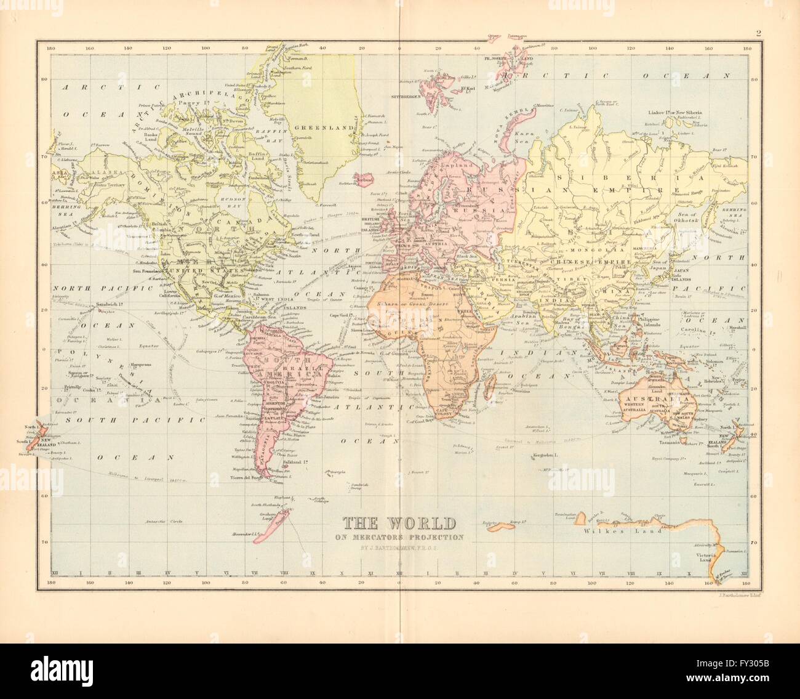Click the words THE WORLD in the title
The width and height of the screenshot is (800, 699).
[x=399, y=523]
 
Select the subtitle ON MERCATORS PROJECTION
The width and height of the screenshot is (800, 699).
[x=399, y=537]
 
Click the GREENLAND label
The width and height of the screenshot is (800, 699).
[x=314, y=129]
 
